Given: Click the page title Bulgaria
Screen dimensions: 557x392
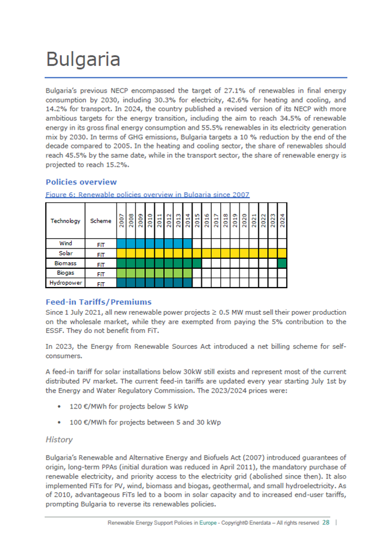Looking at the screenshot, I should (x=83, y=60).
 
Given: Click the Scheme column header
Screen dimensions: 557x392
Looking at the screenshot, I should (x=101, y=221).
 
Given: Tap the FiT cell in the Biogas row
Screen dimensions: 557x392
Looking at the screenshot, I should (x=101, y=273).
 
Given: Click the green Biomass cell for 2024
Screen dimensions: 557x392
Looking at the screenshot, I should (x=282, y=263).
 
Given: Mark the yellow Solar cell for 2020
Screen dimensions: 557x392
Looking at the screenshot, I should (x=244, y=253).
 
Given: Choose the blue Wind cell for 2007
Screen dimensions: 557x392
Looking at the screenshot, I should (x=122, y=243).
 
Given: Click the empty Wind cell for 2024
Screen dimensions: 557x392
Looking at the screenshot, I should (x=282, y=243).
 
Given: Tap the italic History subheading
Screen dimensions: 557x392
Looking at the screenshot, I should (x=59, y=440).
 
